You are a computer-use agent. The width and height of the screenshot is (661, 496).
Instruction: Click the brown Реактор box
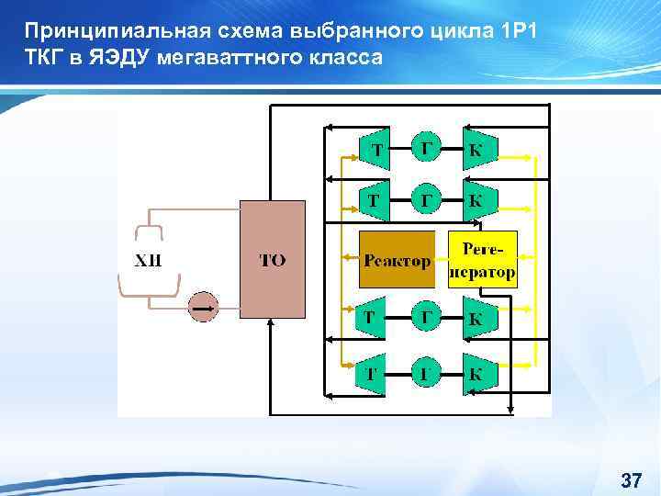tap(397, 261)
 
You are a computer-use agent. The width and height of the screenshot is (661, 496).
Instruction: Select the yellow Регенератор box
tap(482, 261)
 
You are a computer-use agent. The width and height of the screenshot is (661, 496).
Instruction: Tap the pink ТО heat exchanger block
tap(272, 260)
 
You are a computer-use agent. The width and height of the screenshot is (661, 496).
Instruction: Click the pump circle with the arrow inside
tap(203, 306)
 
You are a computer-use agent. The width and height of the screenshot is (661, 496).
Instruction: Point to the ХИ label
tap(148, 260)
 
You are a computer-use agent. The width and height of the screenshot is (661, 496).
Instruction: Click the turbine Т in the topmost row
tap(375, 149)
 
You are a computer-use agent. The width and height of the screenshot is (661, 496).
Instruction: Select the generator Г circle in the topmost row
tap(424, 149)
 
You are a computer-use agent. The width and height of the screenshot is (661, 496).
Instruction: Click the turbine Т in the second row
tap(375, 198)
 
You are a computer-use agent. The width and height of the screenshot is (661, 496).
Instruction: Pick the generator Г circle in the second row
tap(424, 198)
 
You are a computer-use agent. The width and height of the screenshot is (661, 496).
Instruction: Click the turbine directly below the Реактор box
tap(372, 319)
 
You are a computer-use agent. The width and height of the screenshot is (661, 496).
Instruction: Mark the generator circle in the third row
tap(424, 319)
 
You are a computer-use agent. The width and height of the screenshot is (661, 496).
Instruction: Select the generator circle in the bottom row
tap(424, 375)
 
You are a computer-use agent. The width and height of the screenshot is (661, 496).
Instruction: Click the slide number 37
tap(631, 480)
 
